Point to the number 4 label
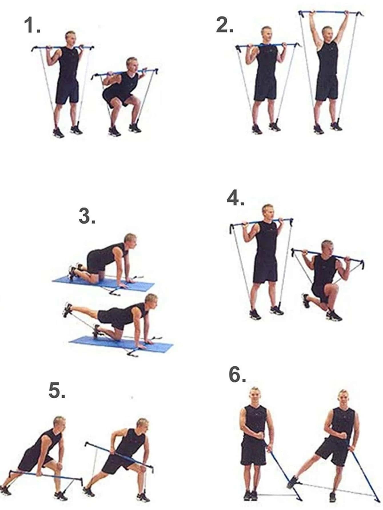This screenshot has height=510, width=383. point(235,198)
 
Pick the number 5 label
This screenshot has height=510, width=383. point(57,391)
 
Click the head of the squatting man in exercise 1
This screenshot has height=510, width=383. point(132,64)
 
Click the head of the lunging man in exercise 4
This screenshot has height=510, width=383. point(327,247)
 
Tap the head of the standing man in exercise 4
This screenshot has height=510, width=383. point(268,211)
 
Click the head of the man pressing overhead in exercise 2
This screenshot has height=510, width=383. point(327,33)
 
